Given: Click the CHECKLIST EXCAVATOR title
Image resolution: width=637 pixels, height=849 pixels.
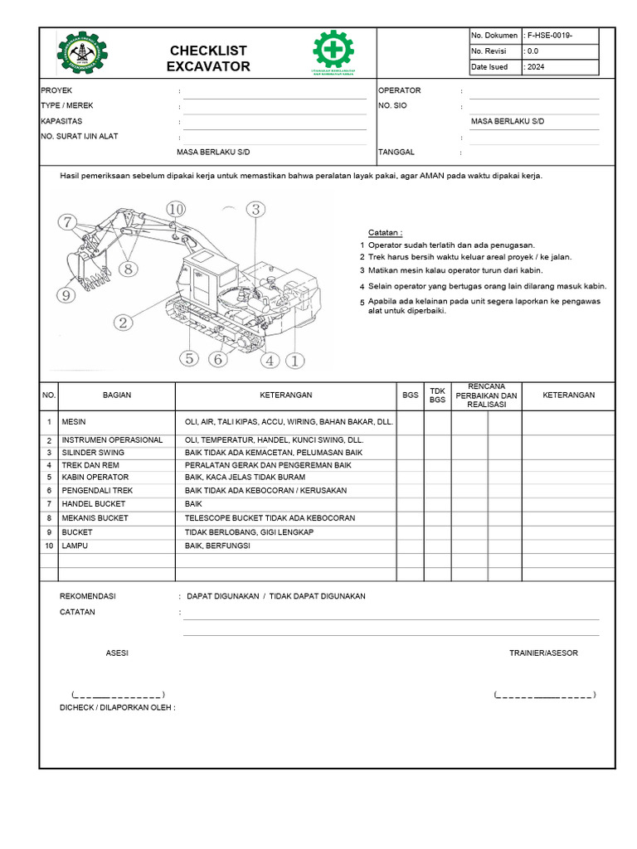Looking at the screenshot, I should [x=207, y=59].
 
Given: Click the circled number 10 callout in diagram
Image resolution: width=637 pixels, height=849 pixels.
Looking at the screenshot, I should [x=175, y=210].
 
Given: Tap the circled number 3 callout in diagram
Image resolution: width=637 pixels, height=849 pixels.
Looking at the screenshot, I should [x=256, y=210].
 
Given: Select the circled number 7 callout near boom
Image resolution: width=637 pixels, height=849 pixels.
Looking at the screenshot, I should [x=66, y=221].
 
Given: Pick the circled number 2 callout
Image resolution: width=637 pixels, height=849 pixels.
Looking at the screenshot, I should [x=124, y=323].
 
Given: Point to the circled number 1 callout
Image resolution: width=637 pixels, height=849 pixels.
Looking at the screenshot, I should [x=295, y=360].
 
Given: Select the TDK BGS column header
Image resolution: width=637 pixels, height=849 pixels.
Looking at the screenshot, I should [x=437, y=395].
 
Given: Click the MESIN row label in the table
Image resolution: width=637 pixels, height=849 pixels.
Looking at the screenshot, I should [x=74, y=422].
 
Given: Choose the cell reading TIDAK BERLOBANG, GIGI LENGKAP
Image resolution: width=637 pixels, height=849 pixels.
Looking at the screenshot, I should [x=249, y=531].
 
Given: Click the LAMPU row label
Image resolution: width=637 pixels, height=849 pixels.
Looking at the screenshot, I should [x=73, y=546].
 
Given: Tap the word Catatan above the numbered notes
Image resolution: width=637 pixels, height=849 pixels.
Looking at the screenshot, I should [x=385, y=233].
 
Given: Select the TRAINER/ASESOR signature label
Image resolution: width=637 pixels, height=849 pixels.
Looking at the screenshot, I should [x=543, y=653].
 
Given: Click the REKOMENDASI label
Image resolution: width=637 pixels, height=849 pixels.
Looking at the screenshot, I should [x=88, y=596].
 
